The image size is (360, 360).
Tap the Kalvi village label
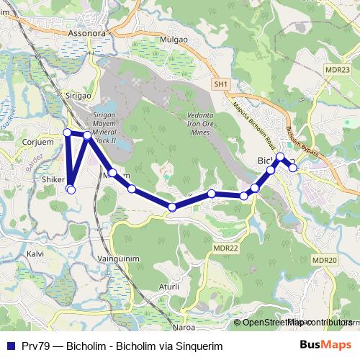pos(35,253)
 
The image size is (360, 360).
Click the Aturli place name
pos(168,287)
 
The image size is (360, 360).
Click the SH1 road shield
pos(220,85)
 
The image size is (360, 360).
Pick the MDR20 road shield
pos(325,261)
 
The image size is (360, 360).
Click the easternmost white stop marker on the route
pos(293,168)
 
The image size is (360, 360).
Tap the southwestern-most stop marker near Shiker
pos(71,189)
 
